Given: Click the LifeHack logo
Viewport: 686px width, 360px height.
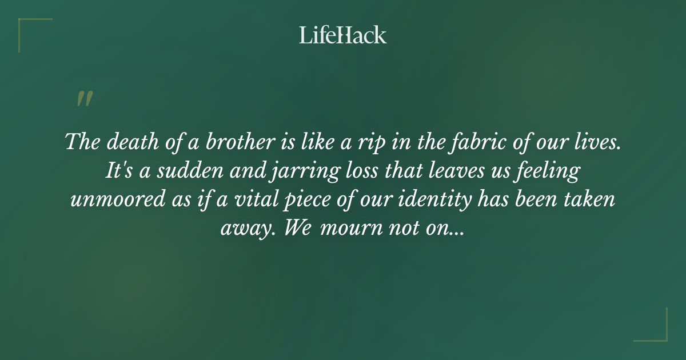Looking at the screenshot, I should point(342,35).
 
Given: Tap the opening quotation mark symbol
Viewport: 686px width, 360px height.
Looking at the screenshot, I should point(84,99).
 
